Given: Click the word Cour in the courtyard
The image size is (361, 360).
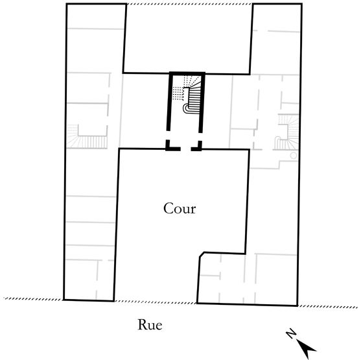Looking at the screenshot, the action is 180,208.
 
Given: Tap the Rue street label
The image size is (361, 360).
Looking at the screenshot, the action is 150,324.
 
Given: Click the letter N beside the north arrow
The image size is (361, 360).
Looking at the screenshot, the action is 291,333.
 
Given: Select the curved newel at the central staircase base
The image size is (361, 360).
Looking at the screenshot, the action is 185,108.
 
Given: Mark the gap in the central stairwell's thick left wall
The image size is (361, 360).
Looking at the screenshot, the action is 168,136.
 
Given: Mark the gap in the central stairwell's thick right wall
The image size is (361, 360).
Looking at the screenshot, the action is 200,137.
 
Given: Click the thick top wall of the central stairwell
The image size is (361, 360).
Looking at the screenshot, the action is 187,73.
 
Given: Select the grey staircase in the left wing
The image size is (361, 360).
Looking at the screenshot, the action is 87,137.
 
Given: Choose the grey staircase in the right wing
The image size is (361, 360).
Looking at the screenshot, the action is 286,132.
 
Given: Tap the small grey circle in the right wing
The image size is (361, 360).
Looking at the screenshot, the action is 294,156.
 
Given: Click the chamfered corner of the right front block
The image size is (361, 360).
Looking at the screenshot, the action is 202,254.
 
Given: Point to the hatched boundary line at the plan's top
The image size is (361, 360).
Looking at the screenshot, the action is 189,4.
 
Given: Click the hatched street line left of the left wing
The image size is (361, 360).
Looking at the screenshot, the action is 34,299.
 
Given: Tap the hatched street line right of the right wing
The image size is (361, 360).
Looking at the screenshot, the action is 327,306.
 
